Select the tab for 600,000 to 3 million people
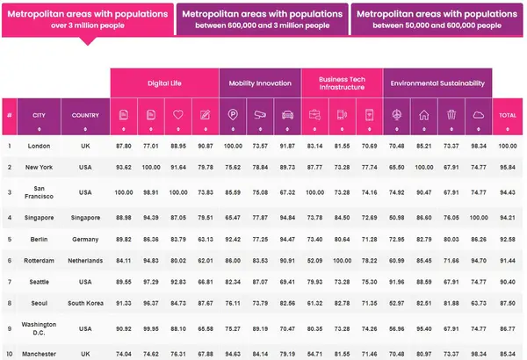(x=261, y=18)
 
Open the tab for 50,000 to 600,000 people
(x=437, y=18)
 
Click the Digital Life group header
(x=163, y=83)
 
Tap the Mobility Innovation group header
(x=260, y=83)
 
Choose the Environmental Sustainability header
(x=437, y=83)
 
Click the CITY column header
(x=39, y=115)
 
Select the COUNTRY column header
(x=85, y=115)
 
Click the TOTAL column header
(x=508, y=115)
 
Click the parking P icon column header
(x=232, y=115)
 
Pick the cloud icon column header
(x=479, y=115)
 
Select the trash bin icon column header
(x=451, y=115)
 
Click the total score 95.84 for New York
(x=508, y=167)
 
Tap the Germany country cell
(x=85, y=237)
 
